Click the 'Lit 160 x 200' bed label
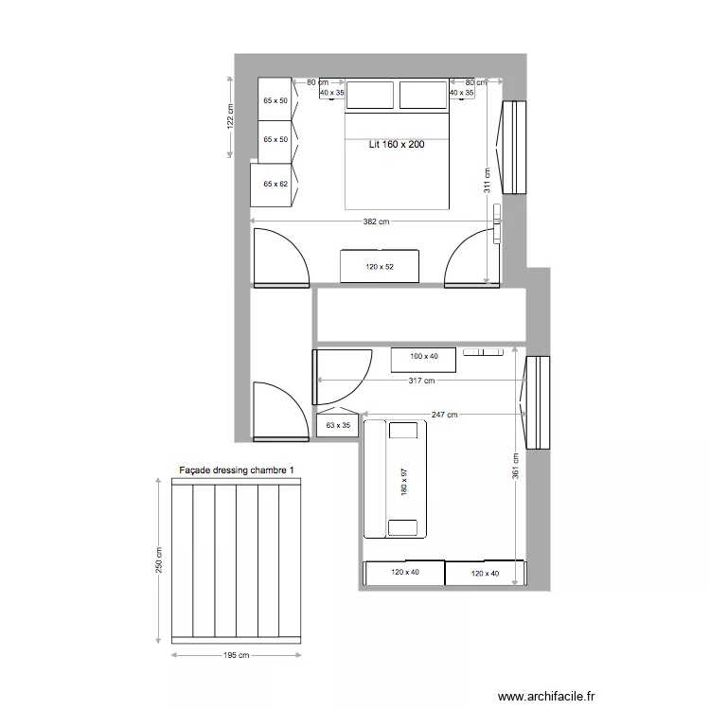(x=396, y=145)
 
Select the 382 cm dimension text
(x=376, y=222)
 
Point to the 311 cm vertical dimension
(x=487, y=180)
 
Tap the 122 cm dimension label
(x=229, y=115)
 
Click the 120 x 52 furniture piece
(x=379, y=266)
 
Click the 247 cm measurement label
(x=444, y=415)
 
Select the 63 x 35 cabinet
(x=337, y=427)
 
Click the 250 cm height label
(x=158, y=560)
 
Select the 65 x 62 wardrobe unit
(x=274, y=184)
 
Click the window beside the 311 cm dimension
(x=513, y=147)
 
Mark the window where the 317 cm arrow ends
(x=538, y=401)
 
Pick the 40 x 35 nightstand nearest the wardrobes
(x=332, y=93)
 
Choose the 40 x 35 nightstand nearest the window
(x=461, y=93)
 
